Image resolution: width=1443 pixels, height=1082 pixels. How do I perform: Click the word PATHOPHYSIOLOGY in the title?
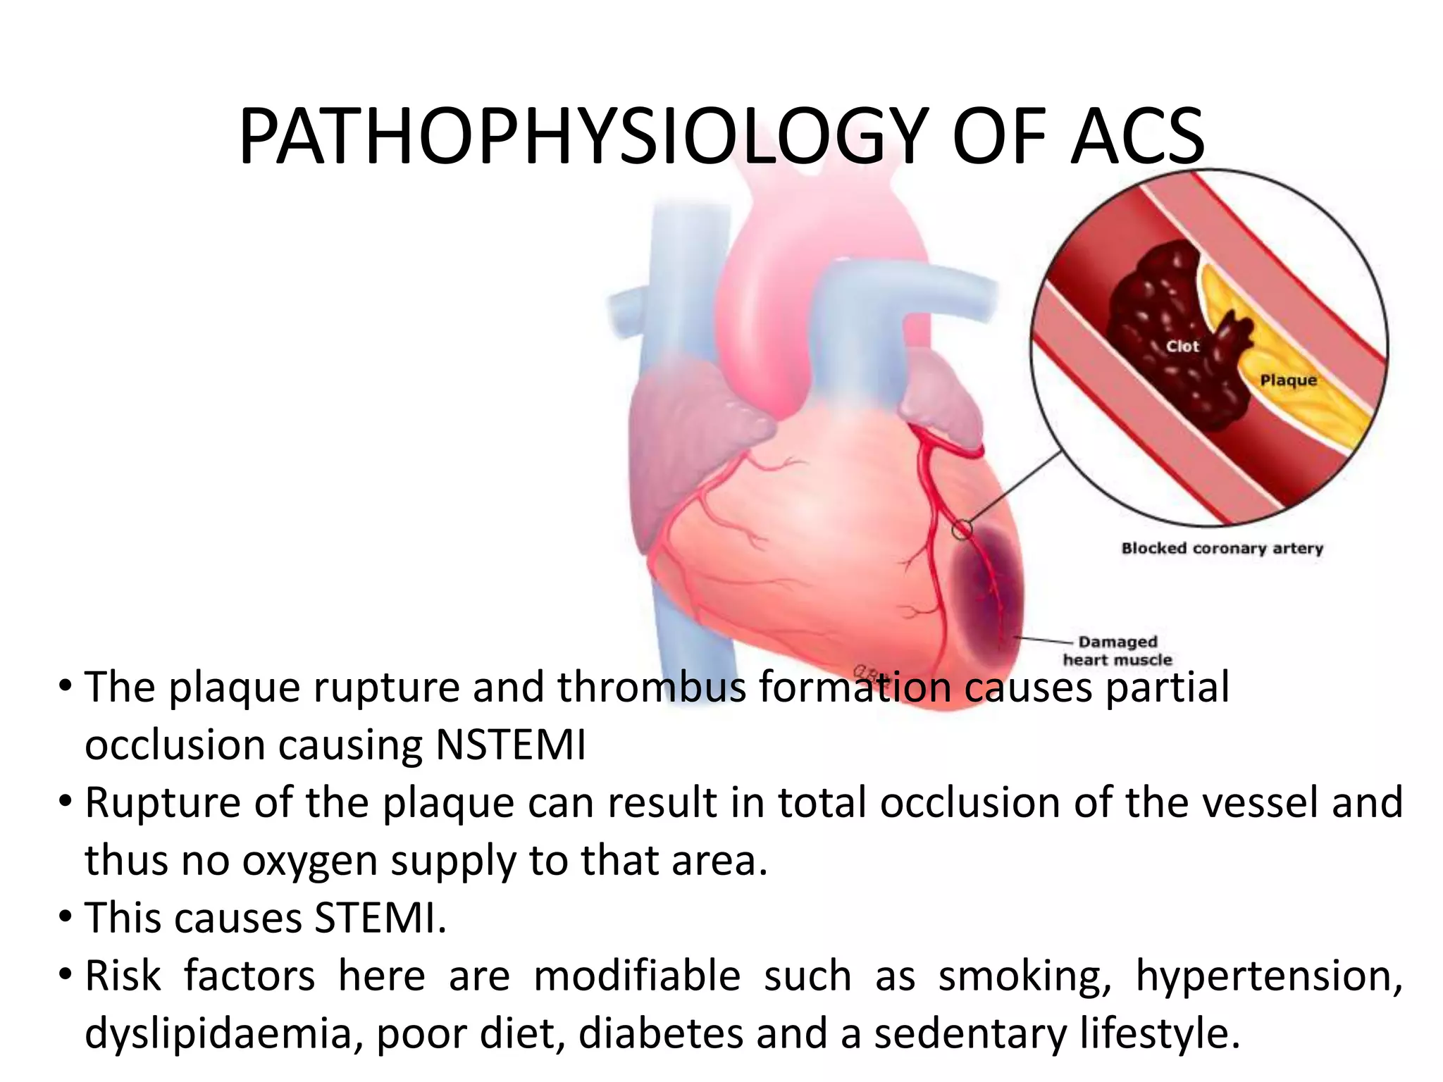click(x=581, y=137)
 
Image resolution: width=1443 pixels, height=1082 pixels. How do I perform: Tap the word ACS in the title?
click(x=1136, y=137)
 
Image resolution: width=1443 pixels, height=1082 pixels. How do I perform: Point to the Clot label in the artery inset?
click(x=1182, y=346)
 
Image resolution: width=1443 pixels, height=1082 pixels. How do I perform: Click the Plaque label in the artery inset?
click(x=1288, y=380)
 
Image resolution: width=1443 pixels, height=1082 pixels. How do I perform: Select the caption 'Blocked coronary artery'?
click(x=1222, y=548)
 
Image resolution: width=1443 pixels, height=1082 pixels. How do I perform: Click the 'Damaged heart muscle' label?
click(x=1117, y=651)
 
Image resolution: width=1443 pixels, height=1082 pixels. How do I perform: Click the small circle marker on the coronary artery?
click(x=962, y=529)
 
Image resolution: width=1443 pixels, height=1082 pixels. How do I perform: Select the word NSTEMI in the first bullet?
click(x=511, y=745)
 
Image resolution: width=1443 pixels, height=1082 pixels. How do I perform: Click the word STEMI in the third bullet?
click(x=380, y=919)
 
